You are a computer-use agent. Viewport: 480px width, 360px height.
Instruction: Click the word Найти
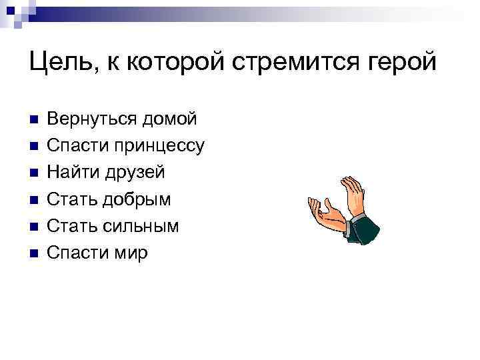(73, 172)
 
